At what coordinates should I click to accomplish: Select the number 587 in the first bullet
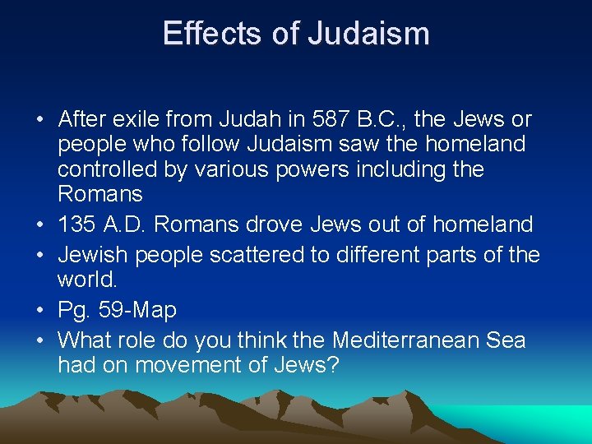tap(335, 119)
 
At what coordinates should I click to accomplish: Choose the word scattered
tap(254, 254)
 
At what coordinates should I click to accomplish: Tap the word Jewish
tap(94, 254)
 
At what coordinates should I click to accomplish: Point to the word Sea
tap(504, 339)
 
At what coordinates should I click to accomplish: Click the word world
tap(87, 280)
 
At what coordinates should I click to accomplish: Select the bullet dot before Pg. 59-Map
tap(39, 311)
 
